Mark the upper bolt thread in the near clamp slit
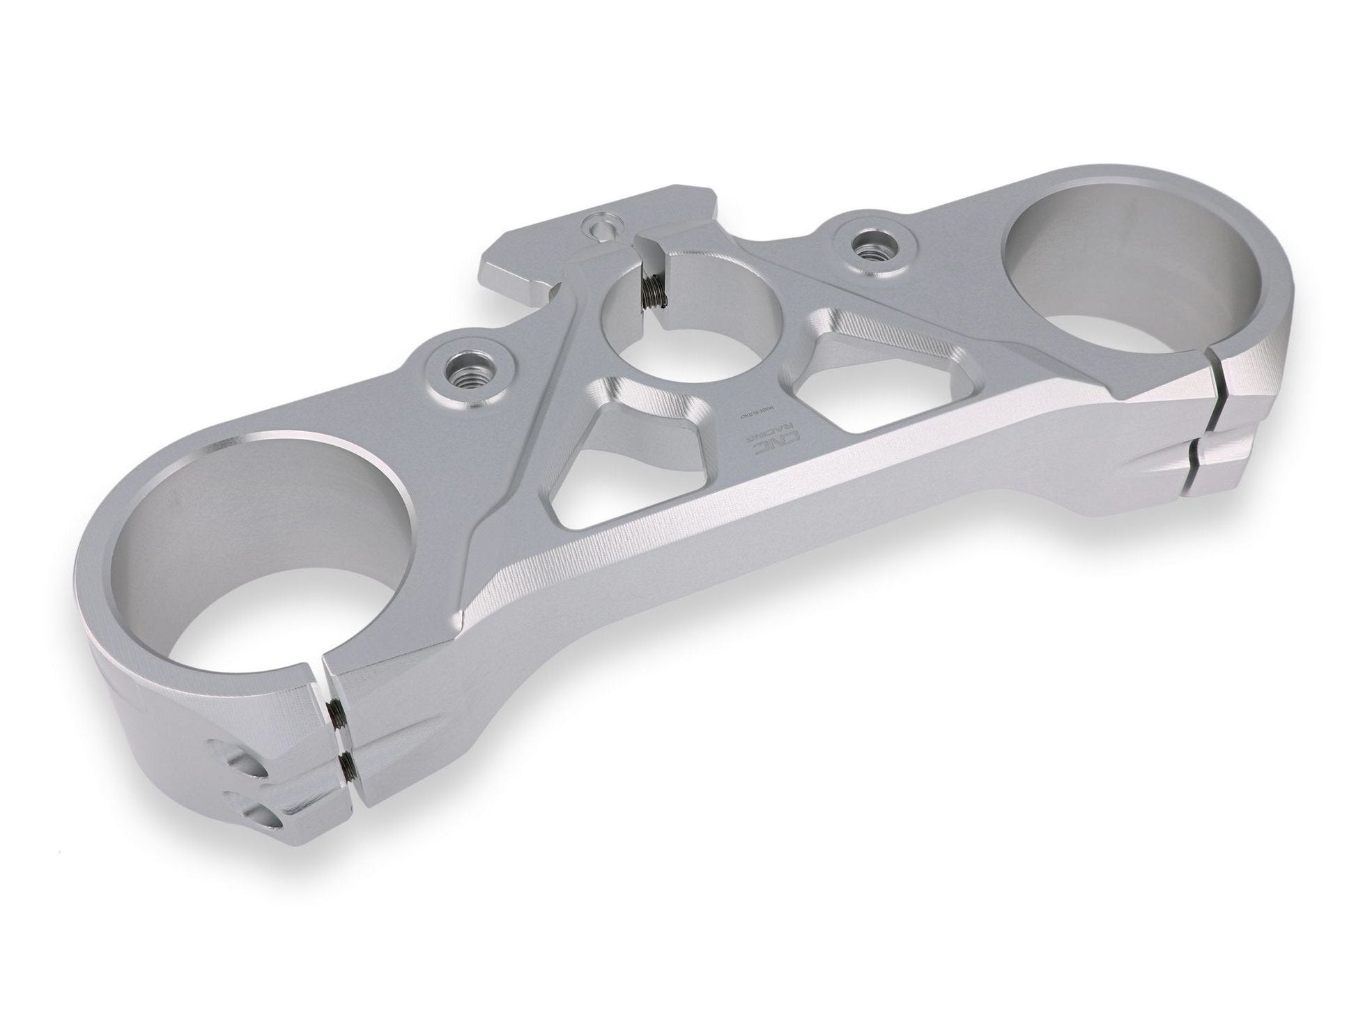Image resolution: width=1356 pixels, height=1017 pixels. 335,711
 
